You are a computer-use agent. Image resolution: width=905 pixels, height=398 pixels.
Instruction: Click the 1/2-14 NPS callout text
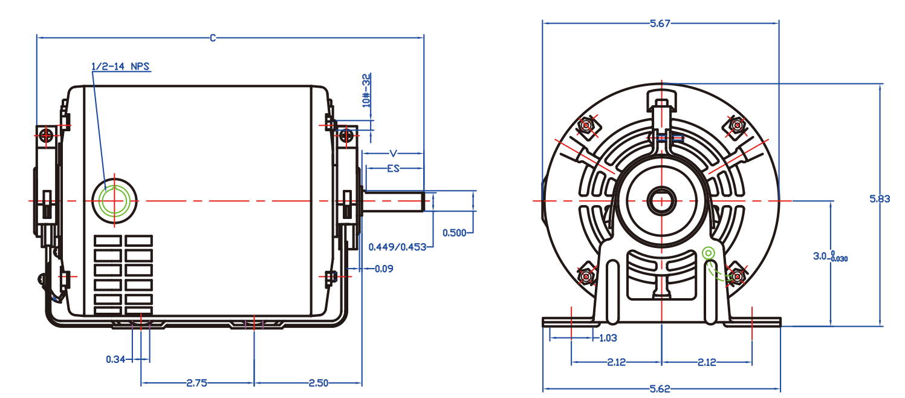tap(120, 66)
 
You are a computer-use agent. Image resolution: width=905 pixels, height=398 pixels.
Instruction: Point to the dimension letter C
tap(213, 38)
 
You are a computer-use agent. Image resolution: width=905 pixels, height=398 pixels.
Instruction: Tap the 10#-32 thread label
tap(366, 90)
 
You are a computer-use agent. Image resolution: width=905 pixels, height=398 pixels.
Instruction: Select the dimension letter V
tap(394, 153)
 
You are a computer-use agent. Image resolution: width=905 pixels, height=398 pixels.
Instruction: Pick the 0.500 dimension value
tap(454, 232)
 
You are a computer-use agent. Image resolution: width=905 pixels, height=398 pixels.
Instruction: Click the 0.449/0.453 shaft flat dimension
tap(397, 247)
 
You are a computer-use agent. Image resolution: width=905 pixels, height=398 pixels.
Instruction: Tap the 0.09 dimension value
tap(384, 269)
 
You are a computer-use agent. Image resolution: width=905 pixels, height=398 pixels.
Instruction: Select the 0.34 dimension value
tap(115, 359)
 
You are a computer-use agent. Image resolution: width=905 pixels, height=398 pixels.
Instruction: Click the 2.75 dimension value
tap(198, 383)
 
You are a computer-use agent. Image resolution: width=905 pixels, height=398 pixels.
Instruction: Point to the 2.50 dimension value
tap(319, 383)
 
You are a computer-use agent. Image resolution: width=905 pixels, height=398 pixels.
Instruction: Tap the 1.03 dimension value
tap(608, 338)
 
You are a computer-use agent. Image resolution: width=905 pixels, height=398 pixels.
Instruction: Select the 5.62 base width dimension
tap(660, 389)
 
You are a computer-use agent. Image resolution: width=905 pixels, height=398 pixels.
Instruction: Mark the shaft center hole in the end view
tap(661, 200)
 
